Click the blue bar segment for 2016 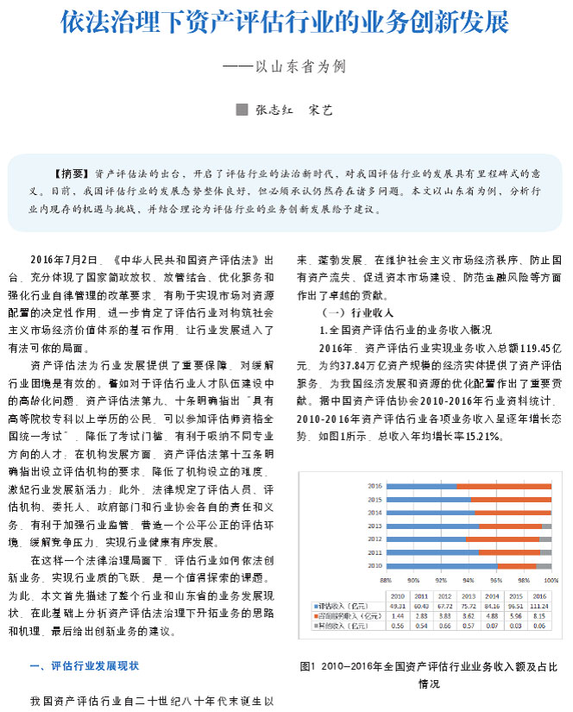421,486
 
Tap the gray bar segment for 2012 545,539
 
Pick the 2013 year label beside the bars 375,526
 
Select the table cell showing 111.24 539,607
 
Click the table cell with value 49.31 399,607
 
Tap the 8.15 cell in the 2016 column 539,615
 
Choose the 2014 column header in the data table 493,596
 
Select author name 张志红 276,110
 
